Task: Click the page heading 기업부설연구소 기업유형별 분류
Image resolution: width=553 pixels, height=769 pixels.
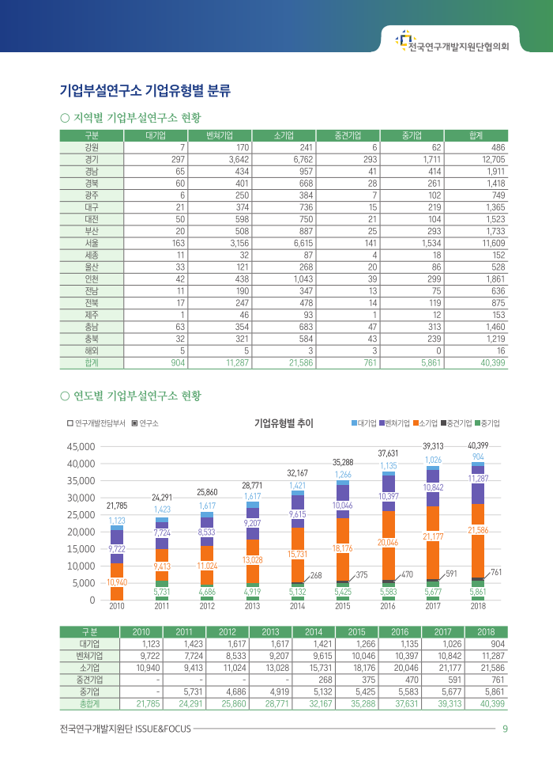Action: click(x=145, y=90)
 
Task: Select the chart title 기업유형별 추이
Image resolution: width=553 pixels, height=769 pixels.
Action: click(x=284, y=423)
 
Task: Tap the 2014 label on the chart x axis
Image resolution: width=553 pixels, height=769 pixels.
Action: click(x=297, y=606)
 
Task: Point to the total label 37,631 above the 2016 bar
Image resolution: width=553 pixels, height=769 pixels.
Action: click(x=387, y=453)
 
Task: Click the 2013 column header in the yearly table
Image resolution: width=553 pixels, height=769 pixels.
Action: click(x=272, y=631)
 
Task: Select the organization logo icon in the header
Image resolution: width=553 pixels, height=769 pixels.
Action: click(x=404, y=38)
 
